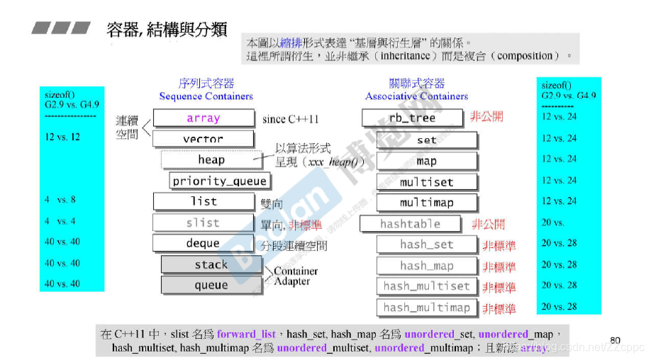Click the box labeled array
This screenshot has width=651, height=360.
pos(204,118)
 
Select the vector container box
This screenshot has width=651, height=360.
pos(204,139)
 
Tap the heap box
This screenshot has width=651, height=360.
pos(211,159)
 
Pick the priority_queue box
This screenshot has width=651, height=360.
pos(220,181)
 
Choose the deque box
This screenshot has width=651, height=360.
pos(204,243)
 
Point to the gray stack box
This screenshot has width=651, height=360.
pos(211,264)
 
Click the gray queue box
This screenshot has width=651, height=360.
pos(211,285)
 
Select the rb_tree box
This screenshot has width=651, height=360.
pos(412,118)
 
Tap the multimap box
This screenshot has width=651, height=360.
pos(426,203)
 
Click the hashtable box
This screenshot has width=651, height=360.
pos(411,224)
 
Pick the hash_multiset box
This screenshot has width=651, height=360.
pos(426,286)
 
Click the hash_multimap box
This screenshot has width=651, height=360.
pos(426,308)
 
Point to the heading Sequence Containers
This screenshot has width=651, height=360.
pos(206,96)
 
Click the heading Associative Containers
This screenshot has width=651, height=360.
pos(417,96)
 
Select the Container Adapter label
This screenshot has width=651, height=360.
pos(296,276)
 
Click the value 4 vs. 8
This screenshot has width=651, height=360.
pos(60,200)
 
